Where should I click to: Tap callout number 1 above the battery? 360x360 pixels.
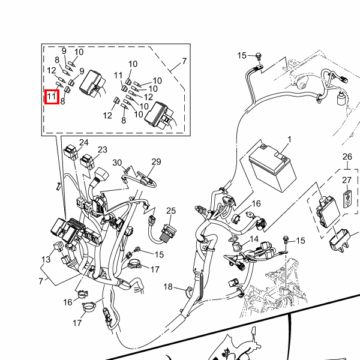pos(289,140)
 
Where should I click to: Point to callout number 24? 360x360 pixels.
pos(84,143)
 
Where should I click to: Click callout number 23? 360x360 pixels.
pos(103,150)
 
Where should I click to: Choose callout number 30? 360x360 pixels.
pos(118,163)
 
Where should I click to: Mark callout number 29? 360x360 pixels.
pos(157,162)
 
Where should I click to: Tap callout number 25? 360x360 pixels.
pos(171,211)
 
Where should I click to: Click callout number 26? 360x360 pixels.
pos(347,157)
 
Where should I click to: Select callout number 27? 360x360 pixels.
pos(347,181)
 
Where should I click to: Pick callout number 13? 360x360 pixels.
pos(46,259)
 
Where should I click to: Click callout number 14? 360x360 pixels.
pos(254,239)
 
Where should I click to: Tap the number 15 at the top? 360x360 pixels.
pos(242,56)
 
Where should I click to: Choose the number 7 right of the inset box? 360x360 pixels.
pos(184,61)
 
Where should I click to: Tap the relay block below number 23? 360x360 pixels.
pos(89,161)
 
